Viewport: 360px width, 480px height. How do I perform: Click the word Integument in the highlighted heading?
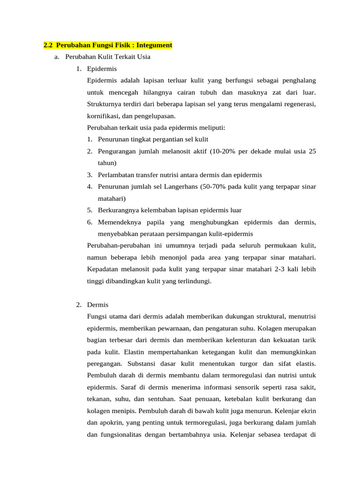point(154,45)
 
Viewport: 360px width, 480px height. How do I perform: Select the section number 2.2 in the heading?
point(48,45)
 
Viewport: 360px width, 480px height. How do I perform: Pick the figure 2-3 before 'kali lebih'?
point(277,269)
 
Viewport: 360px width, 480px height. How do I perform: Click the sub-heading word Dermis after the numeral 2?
point(97,305)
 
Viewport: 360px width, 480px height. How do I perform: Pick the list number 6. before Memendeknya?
point(90,222)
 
